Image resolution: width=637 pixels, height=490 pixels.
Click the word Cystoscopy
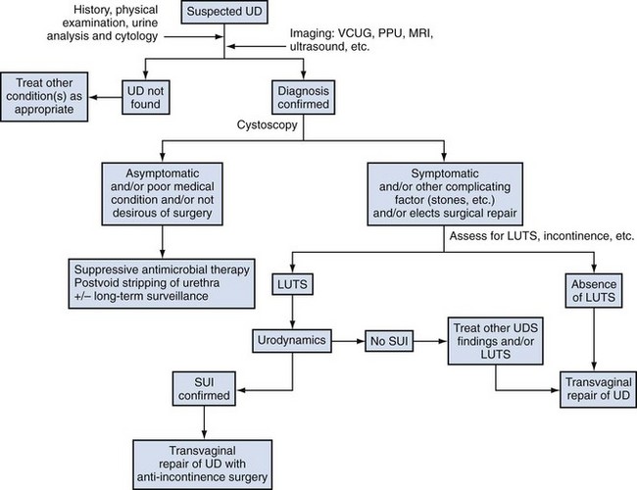tap(267, 126)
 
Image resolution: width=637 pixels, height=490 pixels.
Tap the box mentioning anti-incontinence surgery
tap(205, 457)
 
